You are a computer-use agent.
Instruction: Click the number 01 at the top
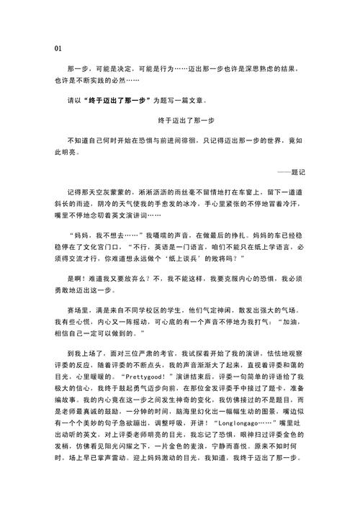pyautogui.click(x=58, y=49)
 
